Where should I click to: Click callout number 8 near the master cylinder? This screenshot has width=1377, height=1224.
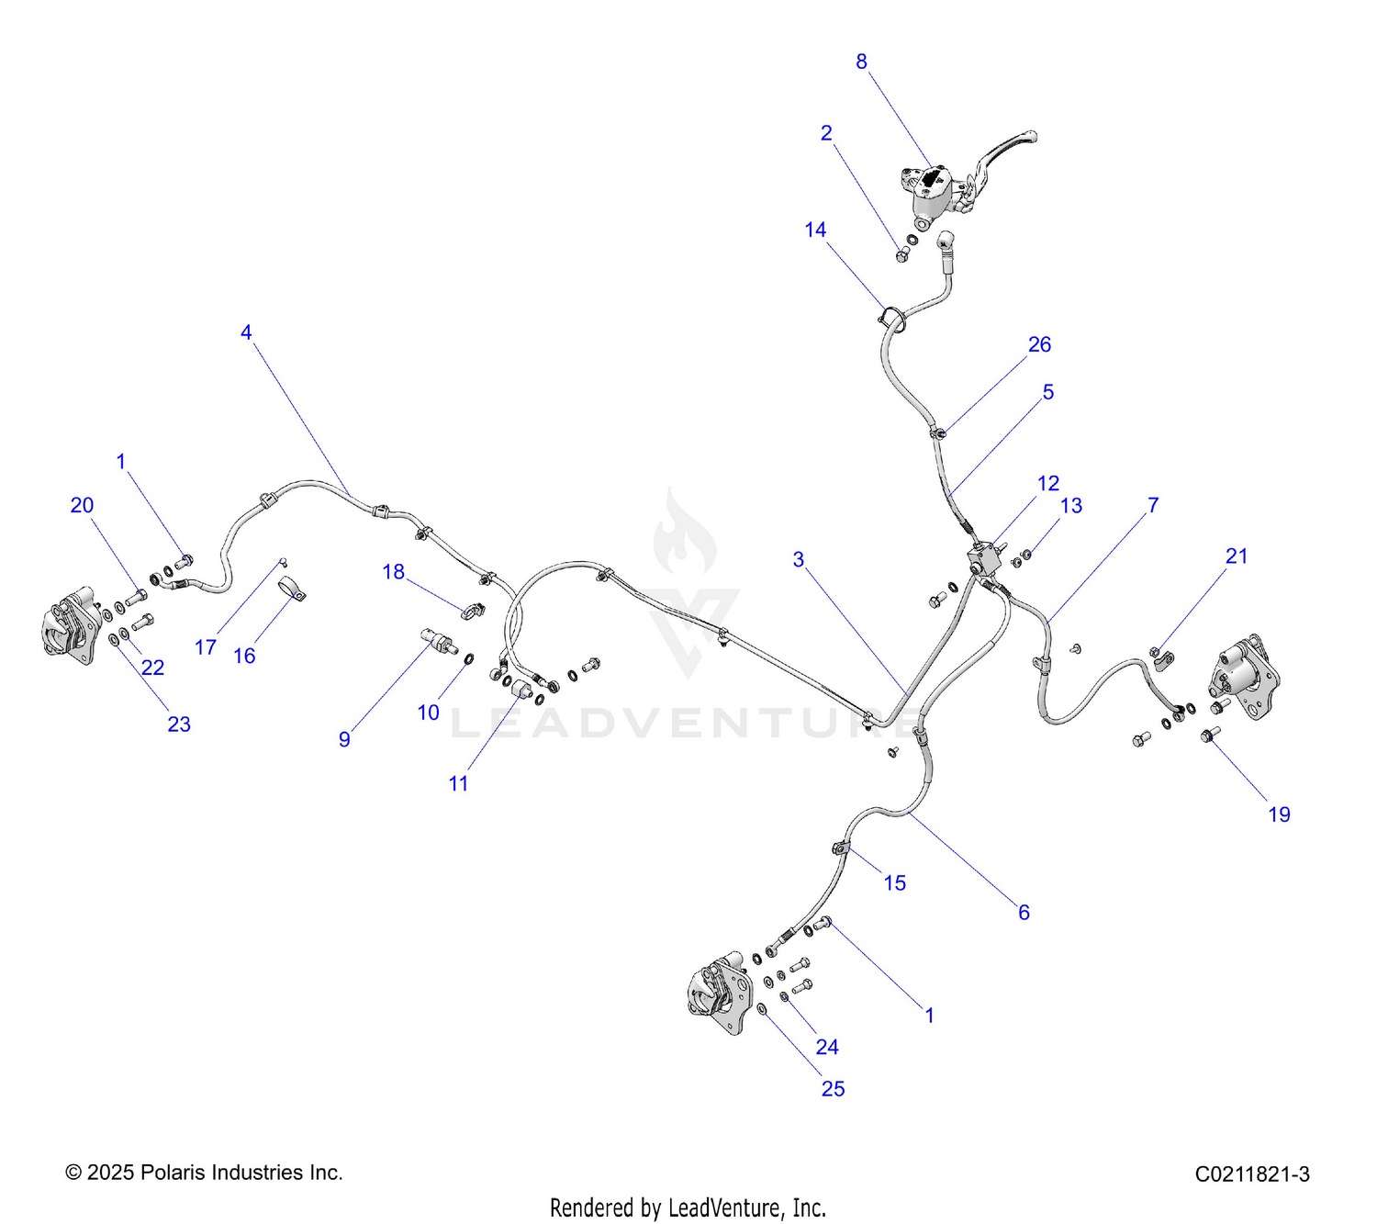[861, 62]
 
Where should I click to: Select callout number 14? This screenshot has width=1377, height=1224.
[815, 230]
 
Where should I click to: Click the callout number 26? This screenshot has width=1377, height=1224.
[1039, 344]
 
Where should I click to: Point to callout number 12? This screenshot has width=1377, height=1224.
[1048, 483]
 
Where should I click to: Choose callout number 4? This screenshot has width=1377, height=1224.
[246, 331]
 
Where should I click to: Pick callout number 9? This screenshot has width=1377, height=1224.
[344, 739]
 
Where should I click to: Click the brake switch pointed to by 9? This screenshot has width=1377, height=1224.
[439, 640]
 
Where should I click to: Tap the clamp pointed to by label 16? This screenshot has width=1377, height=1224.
[291, 588]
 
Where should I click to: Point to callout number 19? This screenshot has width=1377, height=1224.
[1279, 814]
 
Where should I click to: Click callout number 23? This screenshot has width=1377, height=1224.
[179, 724]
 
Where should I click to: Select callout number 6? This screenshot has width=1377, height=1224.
[1024, 912]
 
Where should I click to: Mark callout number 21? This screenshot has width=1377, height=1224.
[1237, 556]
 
